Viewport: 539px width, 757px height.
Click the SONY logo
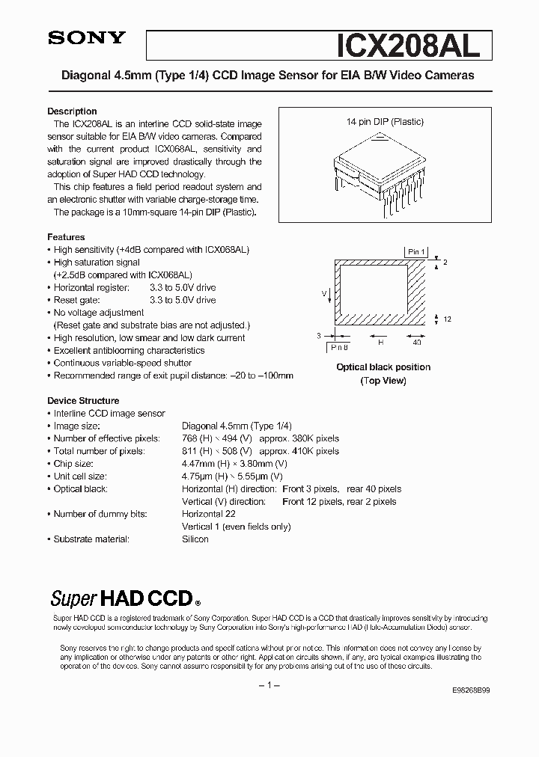click(86, 39)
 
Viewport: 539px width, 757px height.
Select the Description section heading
click(72, 111)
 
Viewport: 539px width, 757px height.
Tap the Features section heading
click(66, 237)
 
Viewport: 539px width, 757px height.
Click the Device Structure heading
click(83, 400)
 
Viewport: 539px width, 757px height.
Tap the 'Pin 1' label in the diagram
click(417, 252)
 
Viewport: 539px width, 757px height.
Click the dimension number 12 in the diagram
click(447, 319)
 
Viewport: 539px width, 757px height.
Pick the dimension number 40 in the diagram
click(417, 342)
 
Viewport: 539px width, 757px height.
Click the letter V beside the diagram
click(323, 293)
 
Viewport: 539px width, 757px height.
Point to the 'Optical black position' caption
click(383, 367)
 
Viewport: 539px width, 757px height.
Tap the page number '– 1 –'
click(269, 686)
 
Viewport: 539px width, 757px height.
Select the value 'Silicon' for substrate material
click(195, 539)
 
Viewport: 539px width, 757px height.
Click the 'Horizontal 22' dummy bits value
click(209, 514)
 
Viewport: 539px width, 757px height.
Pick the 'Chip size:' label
click(75, 463)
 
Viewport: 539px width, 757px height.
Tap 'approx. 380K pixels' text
click(299, 438)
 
